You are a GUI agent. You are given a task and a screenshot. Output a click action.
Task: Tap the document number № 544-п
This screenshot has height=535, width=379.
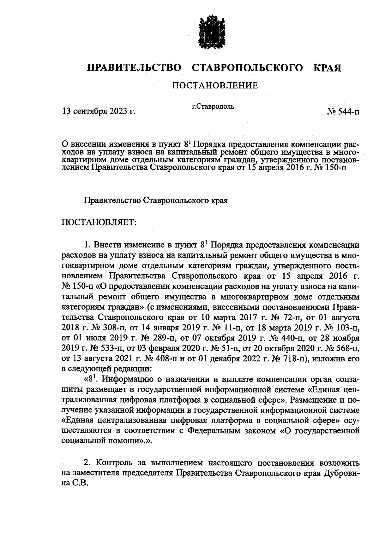tap(343, 111)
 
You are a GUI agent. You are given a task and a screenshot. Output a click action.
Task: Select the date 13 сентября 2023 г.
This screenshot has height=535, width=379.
tap(99, 111)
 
